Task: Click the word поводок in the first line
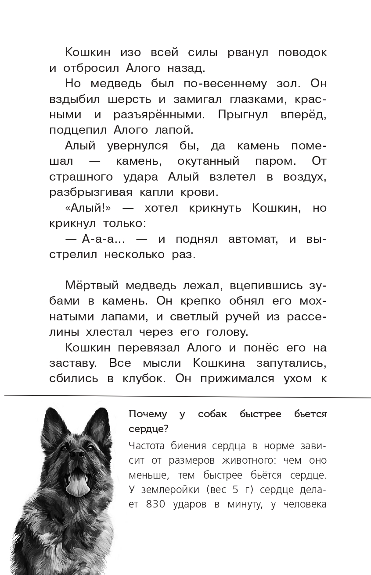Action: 302,53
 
